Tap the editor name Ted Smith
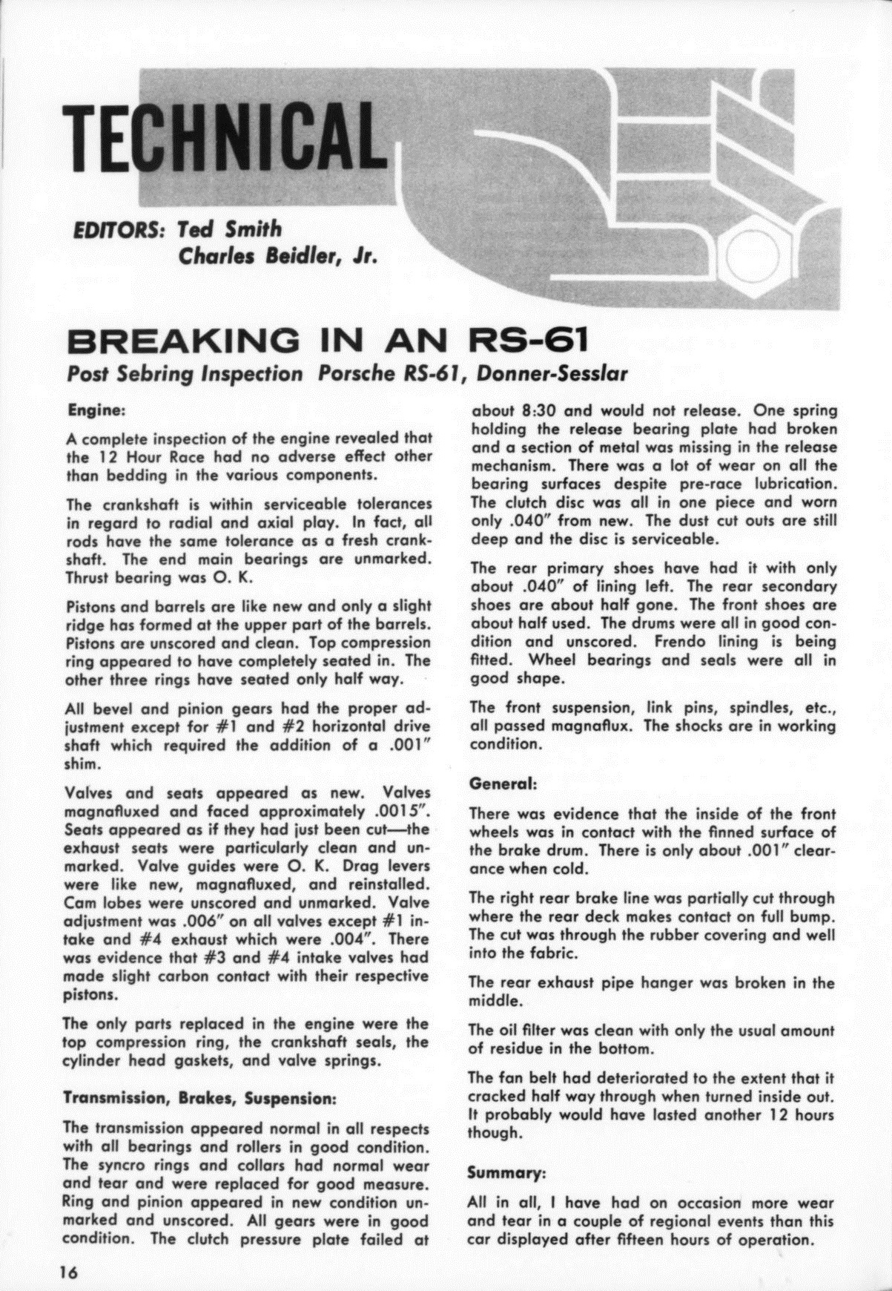point(230,229)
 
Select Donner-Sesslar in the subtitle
point(552,374)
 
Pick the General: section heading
point(503,783)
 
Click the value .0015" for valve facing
point(401,811)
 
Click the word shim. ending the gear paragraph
point(80,764)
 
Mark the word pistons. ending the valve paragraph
point(90,994)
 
